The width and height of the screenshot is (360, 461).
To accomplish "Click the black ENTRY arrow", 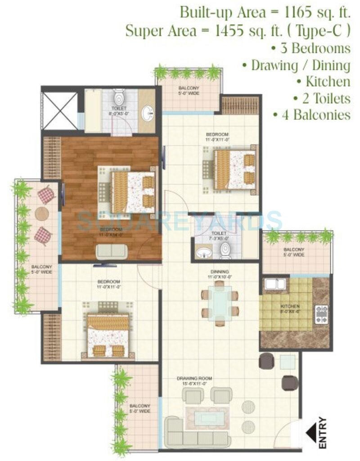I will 310,433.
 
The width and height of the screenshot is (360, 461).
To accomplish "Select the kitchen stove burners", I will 322,314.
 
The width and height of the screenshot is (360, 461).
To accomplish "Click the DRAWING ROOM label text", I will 194,379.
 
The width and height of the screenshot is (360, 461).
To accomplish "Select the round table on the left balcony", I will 42,213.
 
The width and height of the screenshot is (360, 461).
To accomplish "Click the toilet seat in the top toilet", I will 119,98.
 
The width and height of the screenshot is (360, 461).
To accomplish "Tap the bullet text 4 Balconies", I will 311,114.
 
